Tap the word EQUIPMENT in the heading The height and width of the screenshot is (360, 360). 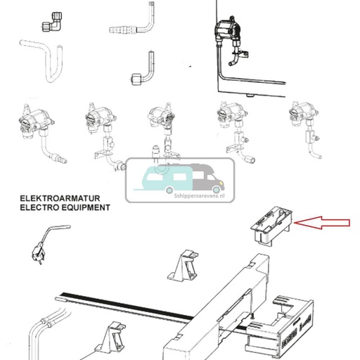pos(89,209)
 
